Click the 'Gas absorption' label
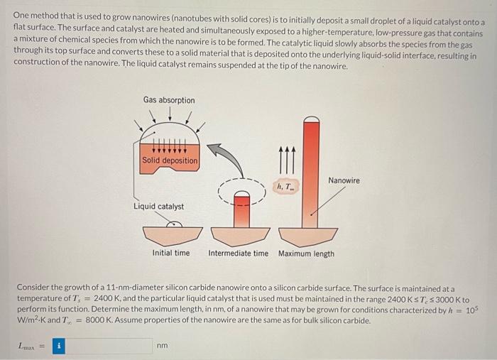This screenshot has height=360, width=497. (168, 100)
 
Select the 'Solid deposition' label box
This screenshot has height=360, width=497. (170, 160)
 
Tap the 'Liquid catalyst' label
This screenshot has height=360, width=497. (158, 207)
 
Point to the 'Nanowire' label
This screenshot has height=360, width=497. (344, 180)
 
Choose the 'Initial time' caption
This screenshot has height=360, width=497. (171, 253)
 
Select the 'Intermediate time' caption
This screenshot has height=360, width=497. (239, 253)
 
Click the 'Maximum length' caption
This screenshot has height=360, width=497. (305, 253)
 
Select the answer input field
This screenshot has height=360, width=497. (110, 346)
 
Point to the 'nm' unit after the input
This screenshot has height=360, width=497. (162, 346)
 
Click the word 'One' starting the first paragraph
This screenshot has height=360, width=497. (22, 14)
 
